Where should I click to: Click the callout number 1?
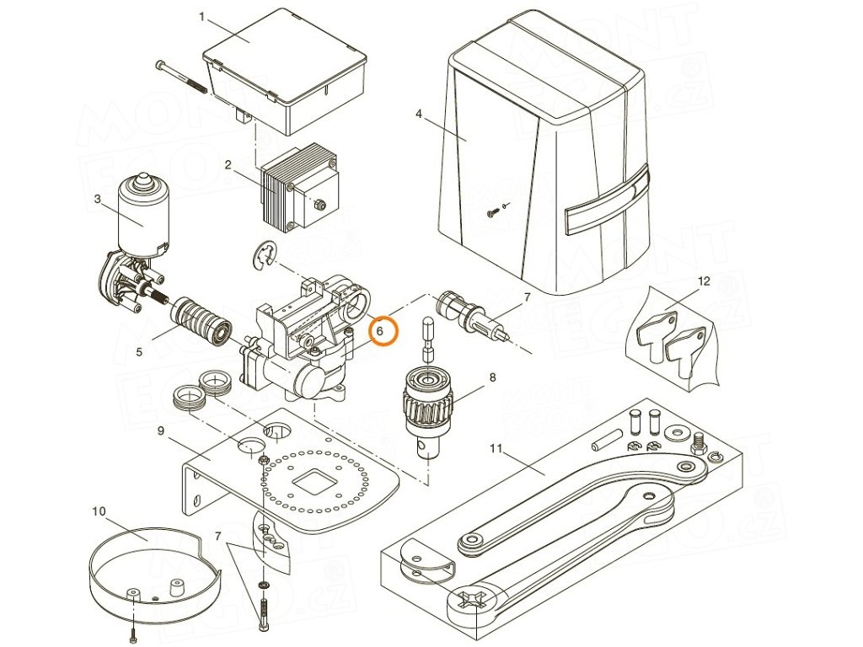(201, 16)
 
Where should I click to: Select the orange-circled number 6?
(380, 331)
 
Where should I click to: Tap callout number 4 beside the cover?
(418, 112)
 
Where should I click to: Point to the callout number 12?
(704, 281)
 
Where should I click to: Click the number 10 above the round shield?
(99, 511)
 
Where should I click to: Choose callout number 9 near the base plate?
(160, 432)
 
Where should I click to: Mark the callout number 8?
(492, 377)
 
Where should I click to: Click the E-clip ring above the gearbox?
(265, 255)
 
